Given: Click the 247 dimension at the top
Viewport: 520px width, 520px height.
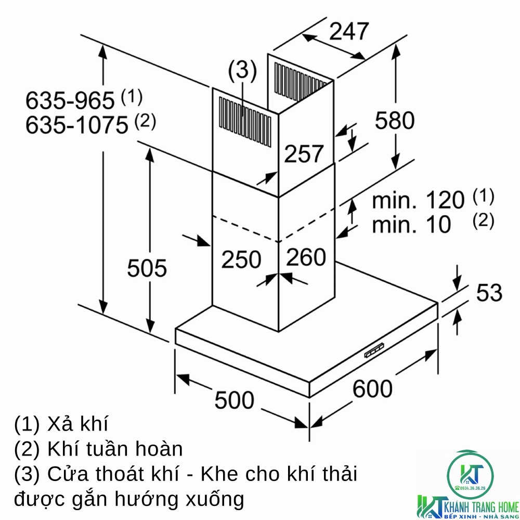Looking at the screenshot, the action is point(348,32).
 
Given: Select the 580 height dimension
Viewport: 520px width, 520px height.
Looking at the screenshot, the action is point(395,120).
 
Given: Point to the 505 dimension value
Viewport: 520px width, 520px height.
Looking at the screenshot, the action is point(147,268).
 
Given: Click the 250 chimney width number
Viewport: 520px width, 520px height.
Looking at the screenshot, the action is point(241,259).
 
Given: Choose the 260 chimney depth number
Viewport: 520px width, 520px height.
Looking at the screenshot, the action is point(306,257).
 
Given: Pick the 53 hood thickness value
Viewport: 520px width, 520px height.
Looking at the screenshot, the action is point(489,293).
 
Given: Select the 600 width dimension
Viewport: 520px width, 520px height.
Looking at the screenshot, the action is point(372,388).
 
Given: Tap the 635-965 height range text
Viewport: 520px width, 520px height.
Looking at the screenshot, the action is point(70,100).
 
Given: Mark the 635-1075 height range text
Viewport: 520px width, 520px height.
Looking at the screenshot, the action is point(76,125).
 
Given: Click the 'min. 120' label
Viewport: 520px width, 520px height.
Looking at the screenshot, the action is point(418,200).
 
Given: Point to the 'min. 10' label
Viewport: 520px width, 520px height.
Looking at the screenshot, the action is point(411,224).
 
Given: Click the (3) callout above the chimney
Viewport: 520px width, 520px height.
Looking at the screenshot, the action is point(242,71).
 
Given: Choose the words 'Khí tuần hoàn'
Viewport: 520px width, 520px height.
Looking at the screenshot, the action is point(115,449).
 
